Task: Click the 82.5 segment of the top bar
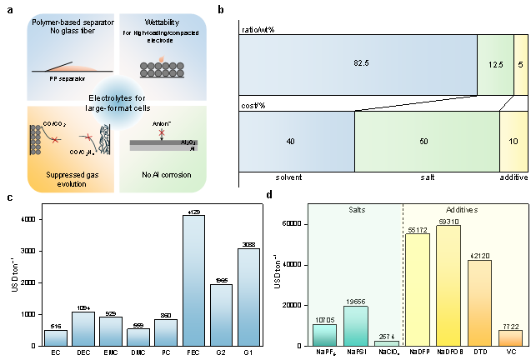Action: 358,64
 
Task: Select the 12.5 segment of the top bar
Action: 494,64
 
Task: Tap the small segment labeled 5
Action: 519,64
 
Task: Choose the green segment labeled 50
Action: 427,142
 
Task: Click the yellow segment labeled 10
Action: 512,142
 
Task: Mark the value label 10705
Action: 325,319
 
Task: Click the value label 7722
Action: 510,326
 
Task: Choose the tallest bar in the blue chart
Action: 194,281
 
